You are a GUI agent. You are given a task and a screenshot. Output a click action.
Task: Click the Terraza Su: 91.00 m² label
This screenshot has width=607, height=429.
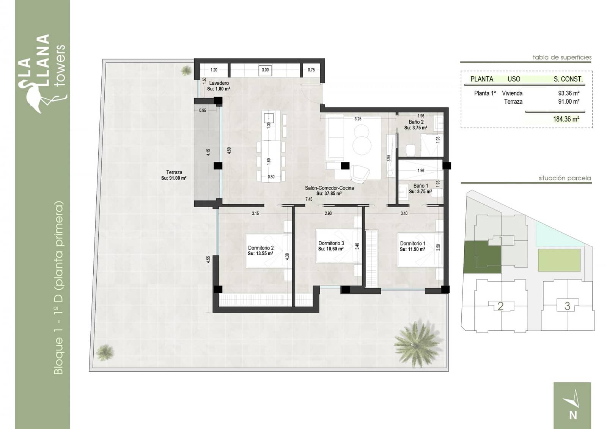(x=174, y=175)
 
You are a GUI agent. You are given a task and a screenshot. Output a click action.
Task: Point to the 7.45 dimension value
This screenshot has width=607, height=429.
(x=309, y=199)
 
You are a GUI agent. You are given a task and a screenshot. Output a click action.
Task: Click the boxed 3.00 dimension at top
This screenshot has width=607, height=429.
(x=265, y=70)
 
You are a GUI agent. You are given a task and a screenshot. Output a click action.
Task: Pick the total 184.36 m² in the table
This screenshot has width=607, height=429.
(x=566, y=119)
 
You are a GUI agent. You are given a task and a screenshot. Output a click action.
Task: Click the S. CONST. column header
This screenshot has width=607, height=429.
(x=568, y=79)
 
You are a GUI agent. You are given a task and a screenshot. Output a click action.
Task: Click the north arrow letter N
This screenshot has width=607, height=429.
(x=573, y=415)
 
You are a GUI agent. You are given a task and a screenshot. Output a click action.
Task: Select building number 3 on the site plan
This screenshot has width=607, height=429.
(x=567, y=306)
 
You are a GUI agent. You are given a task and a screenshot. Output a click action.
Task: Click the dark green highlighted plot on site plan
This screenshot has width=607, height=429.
(x=482, y=257)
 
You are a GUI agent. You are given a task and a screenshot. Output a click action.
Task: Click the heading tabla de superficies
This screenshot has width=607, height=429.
(x=561, y=57)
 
